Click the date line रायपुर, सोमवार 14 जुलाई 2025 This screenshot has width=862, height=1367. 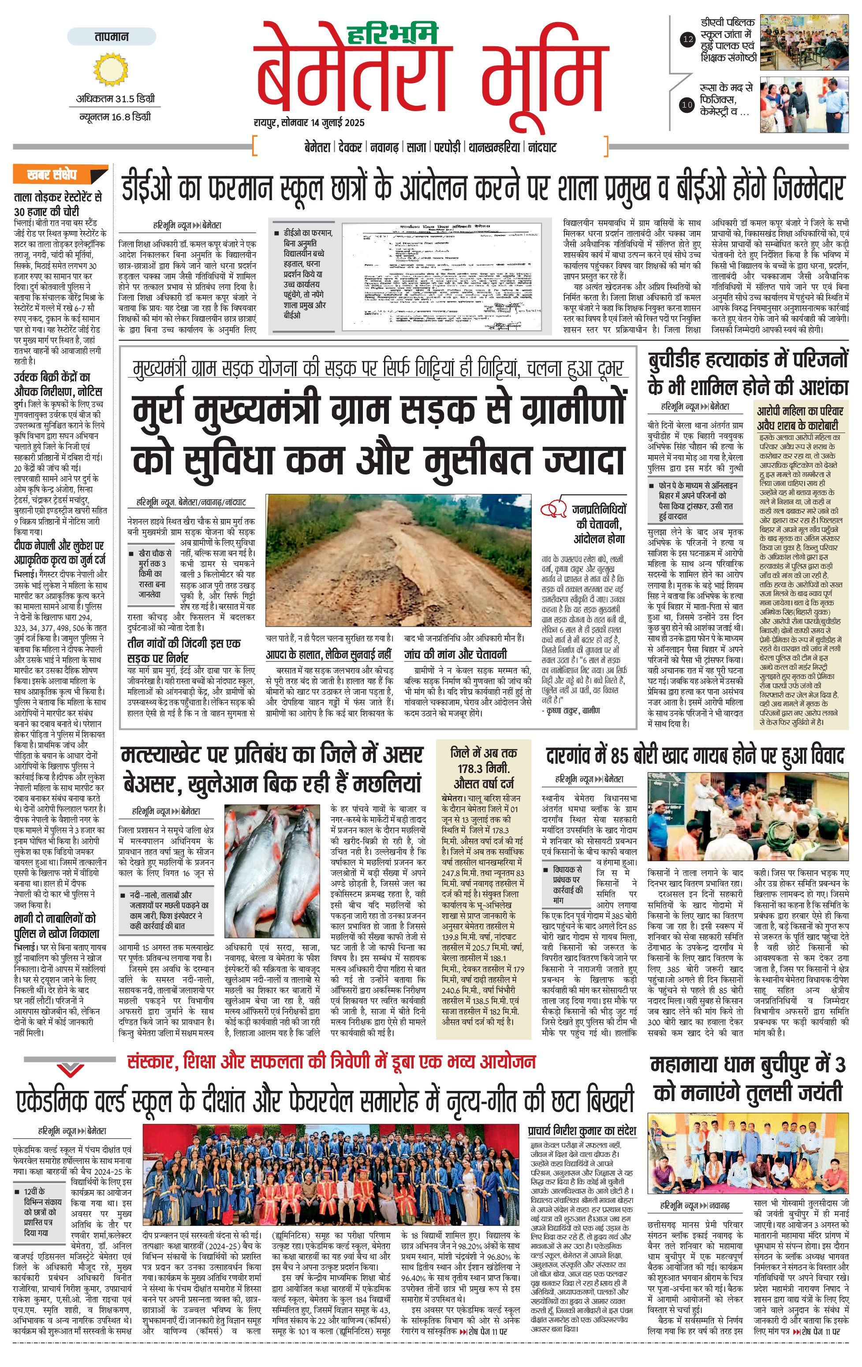309,123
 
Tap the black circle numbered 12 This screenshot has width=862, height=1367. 687,40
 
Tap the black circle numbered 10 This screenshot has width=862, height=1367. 687,105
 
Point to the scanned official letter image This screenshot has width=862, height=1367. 447,276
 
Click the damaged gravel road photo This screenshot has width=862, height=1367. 398,560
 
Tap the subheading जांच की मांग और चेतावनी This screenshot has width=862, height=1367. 455,654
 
